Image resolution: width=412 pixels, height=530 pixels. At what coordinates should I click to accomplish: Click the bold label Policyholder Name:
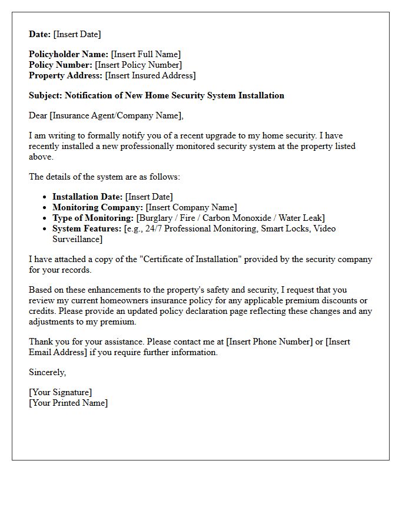[68, 54]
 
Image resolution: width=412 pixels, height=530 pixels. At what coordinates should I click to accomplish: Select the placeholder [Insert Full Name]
[145, 54]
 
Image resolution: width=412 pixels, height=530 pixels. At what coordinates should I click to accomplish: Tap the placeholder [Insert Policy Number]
[138, 65]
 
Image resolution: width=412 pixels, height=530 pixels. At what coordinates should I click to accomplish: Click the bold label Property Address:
[65, 75]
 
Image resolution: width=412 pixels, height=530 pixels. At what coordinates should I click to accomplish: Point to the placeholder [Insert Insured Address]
[150, 75]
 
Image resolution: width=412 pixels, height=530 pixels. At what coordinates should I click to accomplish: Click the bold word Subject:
[45, 95]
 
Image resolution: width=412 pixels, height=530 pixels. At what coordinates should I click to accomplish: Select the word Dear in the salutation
[38, 115]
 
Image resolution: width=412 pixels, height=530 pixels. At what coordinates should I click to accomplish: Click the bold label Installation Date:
[88, 197]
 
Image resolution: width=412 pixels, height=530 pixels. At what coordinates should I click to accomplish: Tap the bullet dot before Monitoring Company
[46, 208]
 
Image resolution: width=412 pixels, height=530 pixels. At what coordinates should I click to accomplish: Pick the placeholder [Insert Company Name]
[191, 207]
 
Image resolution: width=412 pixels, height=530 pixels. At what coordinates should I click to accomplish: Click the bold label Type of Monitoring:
[93, 218]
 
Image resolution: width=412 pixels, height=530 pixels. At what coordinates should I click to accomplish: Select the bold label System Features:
[87, 228]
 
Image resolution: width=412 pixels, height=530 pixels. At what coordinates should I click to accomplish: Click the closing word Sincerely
[47, 372]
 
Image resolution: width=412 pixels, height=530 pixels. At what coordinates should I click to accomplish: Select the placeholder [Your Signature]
[60, 392]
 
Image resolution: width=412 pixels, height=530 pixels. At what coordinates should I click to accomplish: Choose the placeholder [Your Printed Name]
[68, 403]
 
